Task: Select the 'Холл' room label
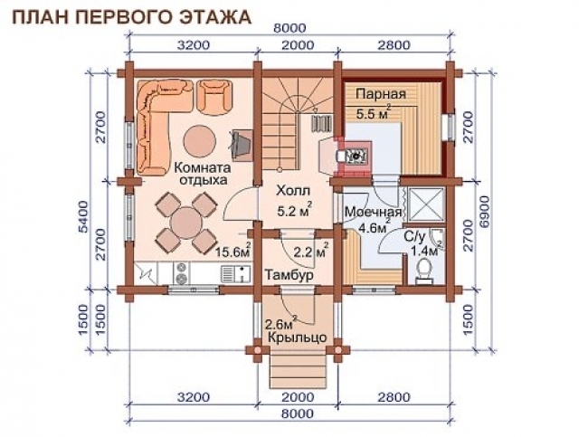click(x=291, y=193)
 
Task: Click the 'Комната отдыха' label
click(x=202, y=172)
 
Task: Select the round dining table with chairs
click(x=185, y=222)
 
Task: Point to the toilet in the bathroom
click(x=423, y=271)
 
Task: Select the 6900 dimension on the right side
click(x=488, y=214)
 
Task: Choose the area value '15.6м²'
click(x=234, y=252)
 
